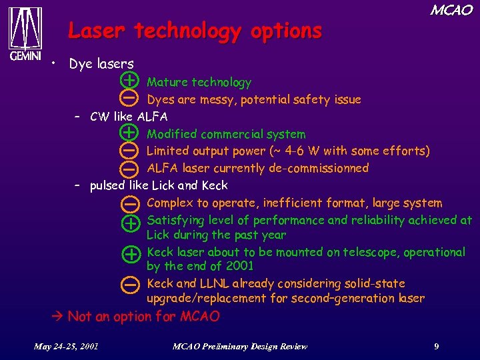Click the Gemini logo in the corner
[25, 33]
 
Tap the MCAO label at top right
[451, 10]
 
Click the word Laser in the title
[98, 31]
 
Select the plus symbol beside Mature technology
[131, 81]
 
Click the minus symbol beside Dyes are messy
[131, 98]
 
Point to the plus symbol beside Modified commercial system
[131, 133]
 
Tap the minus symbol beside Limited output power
[131, 151]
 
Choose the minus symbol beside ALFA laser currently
[131, 168]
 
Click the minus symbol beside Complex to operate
[131, 203]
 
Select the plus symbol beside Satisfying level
[131, 222]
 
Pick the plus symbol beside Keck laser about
[131, 254]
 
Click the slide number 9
[436, 346]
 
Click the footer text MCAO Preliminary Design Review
[240, 346]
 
